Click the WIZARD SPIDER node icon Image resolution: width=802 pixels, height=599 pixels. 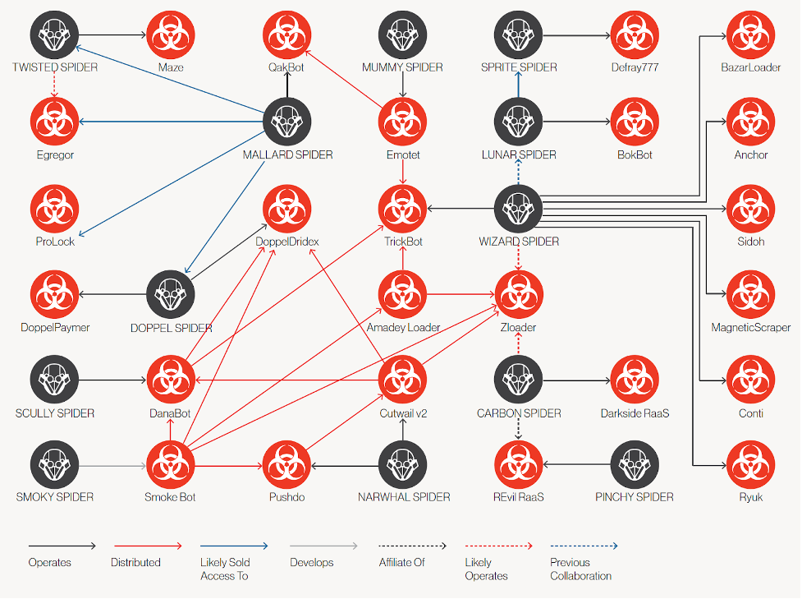point(518,209)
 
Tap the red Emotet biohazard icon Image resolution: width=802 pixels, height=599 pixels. point(402,122)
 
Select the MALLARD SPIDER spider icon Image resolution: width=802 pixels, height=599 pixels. point(287,122)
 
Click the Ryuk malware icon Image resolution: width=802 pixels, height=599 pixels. point(750,465)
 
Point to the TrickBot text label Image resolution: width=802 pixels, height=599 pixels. point(403,242)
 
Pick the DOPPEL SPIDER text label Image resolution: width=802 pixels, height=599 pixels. point(172,328)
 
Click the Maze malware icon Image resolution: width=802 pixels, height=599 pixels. point(171,35)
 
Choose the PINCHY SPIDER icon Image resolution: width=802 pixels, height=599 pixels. point(635,465)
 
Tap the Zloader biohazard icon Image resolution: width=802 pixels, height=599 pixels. point(518,295)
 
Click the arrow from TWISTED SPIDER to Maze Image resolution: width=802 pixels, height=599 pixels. point(112,35)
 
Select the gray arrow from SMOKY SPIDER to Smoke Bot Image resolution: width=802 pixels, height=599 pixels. point(112,466)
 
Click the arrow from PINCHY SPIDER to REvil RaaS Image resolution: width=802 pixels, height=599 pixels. point(576,465)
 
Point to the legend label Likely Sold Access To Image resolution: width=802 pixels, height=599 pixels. point(225,569)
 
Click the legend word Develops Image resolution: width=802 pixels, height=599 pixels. point(311,563)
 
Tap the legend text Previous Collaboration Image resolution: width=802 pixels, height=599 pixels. point(580,569)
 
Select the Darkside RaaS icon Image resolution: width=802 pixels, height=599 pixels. point(635,380)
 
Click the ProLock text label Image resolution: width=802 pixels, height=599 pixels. point(55,242)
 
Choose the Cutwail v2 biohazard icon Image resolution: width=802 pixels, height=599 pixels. point(402,380)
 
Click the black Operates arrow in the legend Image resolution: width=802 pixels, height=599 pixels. point(62,546)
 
